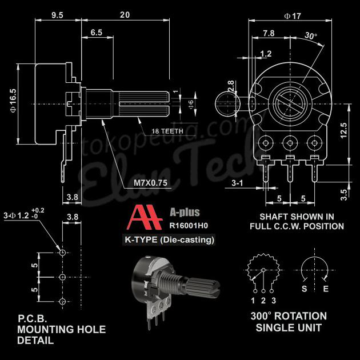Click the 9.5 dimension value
(57, 15)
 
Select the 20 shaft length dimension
(124, 15)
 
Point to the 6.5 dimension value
(96, 33)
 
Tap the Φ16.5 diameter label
(13, 98)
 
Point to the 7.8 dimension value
(268, 33)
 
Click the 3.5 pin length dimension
(343, 195)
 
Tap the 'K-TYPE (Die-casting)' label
(170, 240)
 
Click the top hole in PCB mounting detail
(62, 252)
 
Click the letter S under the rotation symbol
(305, 289)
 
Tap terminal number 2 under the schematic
(263, 301)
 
